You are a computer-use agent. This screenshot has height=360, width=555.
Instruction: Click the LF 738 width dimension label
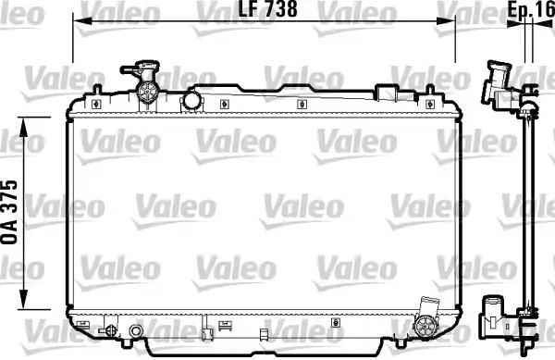pos(268,9)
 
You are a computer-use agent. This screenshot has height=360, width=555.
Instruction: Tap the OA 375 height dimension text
pos(9,212)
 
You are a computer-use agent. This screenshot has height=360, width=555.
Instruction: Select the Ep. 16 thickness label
pos(531,9)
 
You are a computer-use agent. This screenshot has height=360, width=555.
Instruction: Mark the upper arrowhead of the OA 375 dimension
pos(23,127)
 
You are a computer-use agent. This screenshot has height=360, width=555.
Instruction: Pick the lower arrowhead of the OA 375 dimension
pos(23,300)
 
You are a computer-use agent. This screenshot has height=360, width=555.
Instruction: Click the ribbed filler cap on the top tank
pos(146,92)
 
